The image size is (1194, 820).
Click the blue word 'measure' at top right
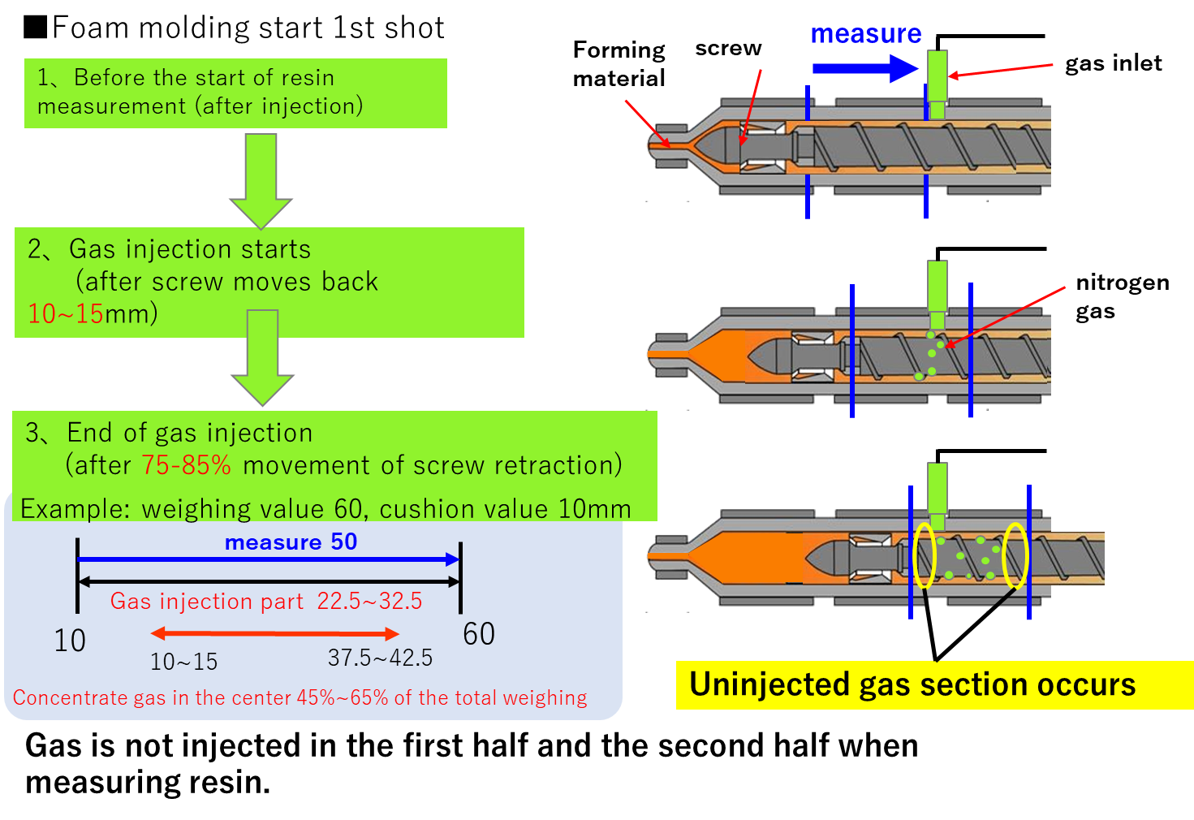pyautogui.click(x=865, y=34)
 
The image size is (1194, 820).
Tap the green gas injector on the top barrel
pyautogui.click(x=937, y=81)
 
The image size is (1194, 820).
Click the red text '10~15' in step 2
pyautogui.click(x=65, y=313)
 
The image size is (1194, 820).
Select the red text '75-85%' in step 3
pyautogui.click(x=186, y=465)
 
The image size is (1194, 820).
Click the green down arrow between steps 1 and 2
pyautogui.click(x=261, y=180)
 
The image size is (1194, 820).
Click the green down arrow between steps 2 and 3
pyautogui.click(x=262, y=357)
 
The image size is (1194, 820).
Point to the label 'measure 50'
pyautogui.click(x=291, y=542)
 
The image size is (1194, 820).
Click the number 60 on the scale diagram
pyautogui.click(x=479, y=634)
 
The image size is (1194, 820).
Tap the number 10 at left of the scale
pyautogui.click(x=70, y=641)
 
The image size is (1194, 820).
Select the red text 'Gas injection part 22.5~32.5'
pyautogui.click(x=266, y=602)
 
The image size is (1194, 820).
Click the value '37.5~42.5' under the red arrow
pyautogui.click(x=380, y=658)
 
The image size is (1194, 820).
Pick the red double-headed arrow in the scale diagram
pyautogui.click(x=275, y=633)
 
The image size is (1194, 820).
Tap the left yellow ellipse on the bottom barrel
pyautogui.click(x=925, y=555)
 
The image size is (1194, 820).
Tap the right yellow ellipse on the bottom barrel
pyautogui.click(x=1015, y=555)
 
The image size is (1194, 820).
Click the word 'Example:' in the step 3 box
pyautogui.click(x=75, y=509)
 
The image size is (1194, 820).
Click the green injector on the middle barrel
pyautogui.click(x=937, y=292)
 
